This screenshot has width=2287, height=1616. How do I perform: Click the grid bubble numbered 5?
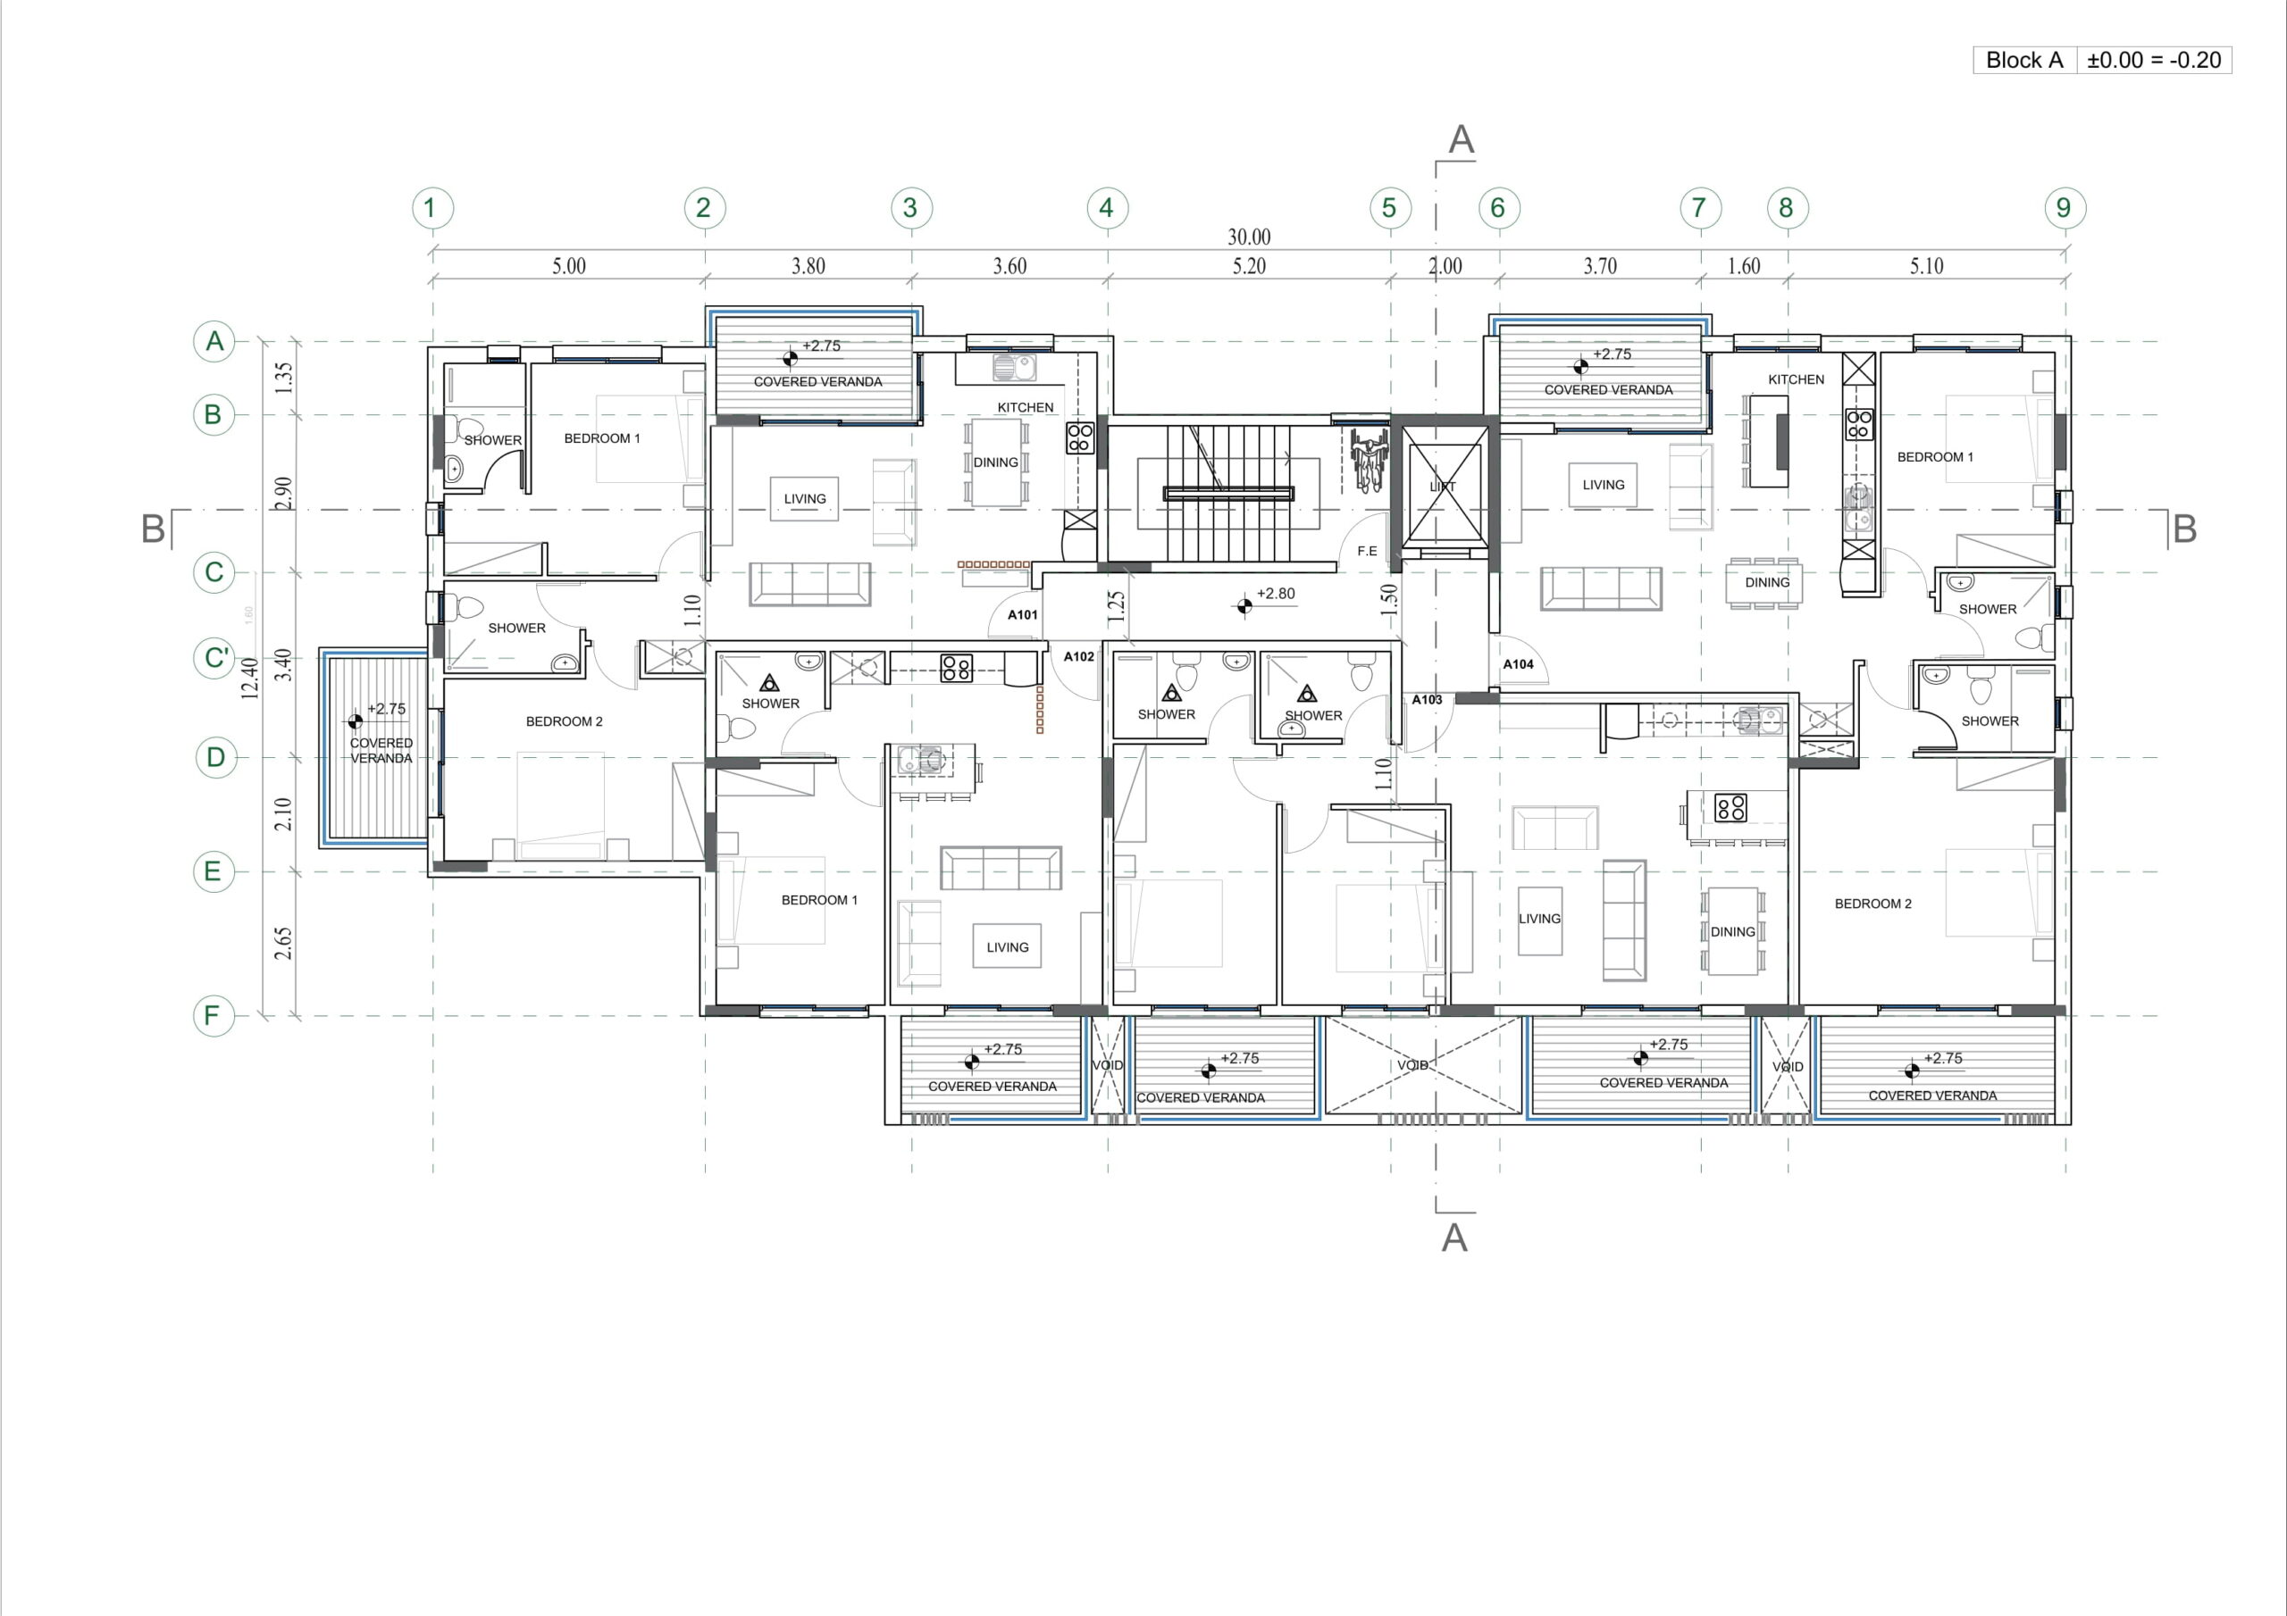pyautogui.click(x=1389, y=208)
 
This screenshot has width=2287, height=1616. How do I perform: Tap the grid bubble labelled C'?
pyautogui.click(x=215, y=658)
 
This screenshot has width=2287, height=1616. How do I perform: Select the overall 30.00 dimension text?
pyautogui.click(x=1249, y=237)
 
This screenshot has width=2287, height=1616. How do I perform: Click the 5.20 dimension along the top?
pyautogui.click(x=1249, y=266)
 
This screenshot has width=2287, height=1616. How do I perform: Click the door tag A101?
pyautogui.click(x=1023, y=614)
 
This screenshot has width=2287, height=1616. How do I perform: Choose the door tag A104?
pyautogui.click(x=1518, y=664)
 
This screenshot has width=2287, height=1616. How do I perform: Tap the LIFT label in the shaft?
pyautogui.click(x=1442, y=487)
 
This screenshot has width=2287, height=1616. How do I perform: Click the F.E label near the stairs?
pyautogui.click(x=1367, y=551)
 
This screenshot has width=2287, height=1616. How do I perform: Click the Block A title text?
pyautogui.click(x=2024, y=60)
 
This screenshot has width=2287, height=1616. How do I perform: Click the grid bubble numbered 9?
pyautogui.click(x=2064, y=208)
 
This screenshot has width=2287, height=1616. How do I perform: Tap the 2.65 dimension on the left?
pyautogui.click(x=284, y=943)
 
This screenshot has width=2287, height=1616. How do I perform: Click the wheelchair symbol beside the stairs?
pyautogui.click(x=1369, y=460)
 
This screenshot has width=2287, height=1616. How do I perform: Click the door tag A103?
pyautogui.click(x=1427, y=700)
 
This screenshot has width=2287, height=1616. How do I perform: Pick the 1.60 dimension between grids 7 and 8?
pyautogui.click(x=1743, y=266)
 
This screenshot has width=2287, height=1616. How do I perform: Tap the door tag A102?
pyautogui.click(x=1079, y=656)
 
